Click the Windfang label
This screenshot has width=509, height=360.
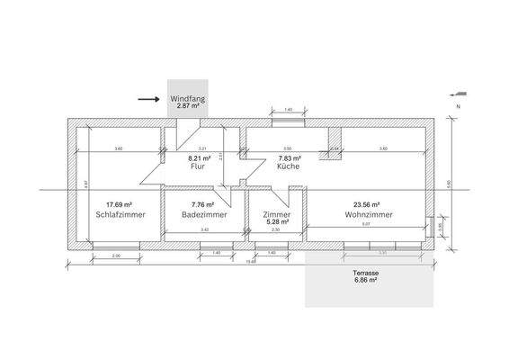point(188,98)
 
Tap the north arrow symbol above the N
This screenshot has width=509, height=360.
point(460,92)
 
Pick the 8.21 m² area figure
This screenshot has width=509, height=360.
point(198,158)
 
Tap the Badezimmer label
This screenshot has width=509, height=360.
point(204,215)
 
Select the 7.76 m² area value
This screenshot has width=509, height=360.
point(204,205)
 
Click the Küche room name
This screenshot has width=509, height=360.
point(288,166)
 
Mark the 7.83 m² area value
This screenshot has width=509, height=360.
point(288,158)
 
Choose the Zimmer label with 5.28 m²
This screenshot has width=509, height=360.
point(277,215)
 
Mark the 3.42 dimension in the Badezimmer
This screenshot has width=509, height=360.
point(204,231)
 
